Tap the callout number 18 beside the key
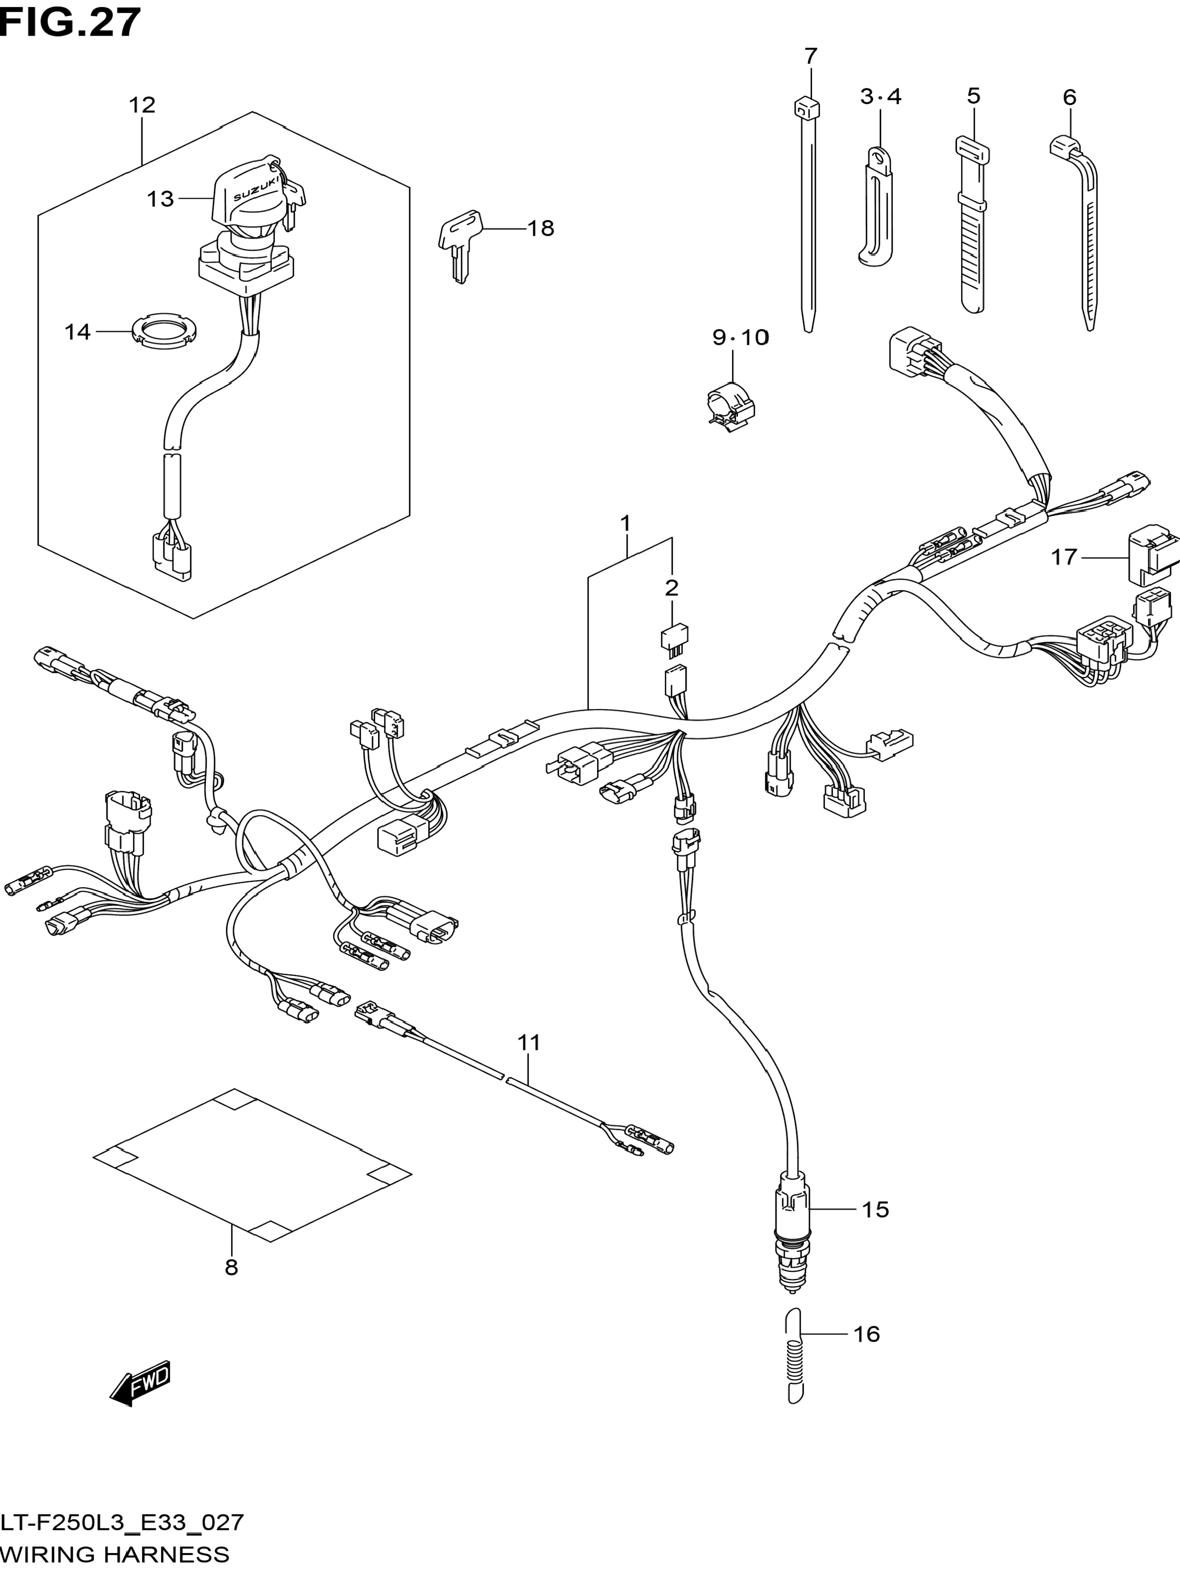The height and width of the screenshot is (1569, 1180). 540,228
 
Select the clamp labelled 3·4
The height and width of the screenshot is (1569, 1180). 876,206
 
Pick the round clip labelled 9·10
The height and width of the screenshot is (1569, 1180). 730,406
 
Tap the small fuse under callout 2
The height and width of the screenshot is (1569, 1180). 674,636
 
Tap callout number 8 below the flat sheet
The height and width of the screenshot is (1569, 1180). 231,1268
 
